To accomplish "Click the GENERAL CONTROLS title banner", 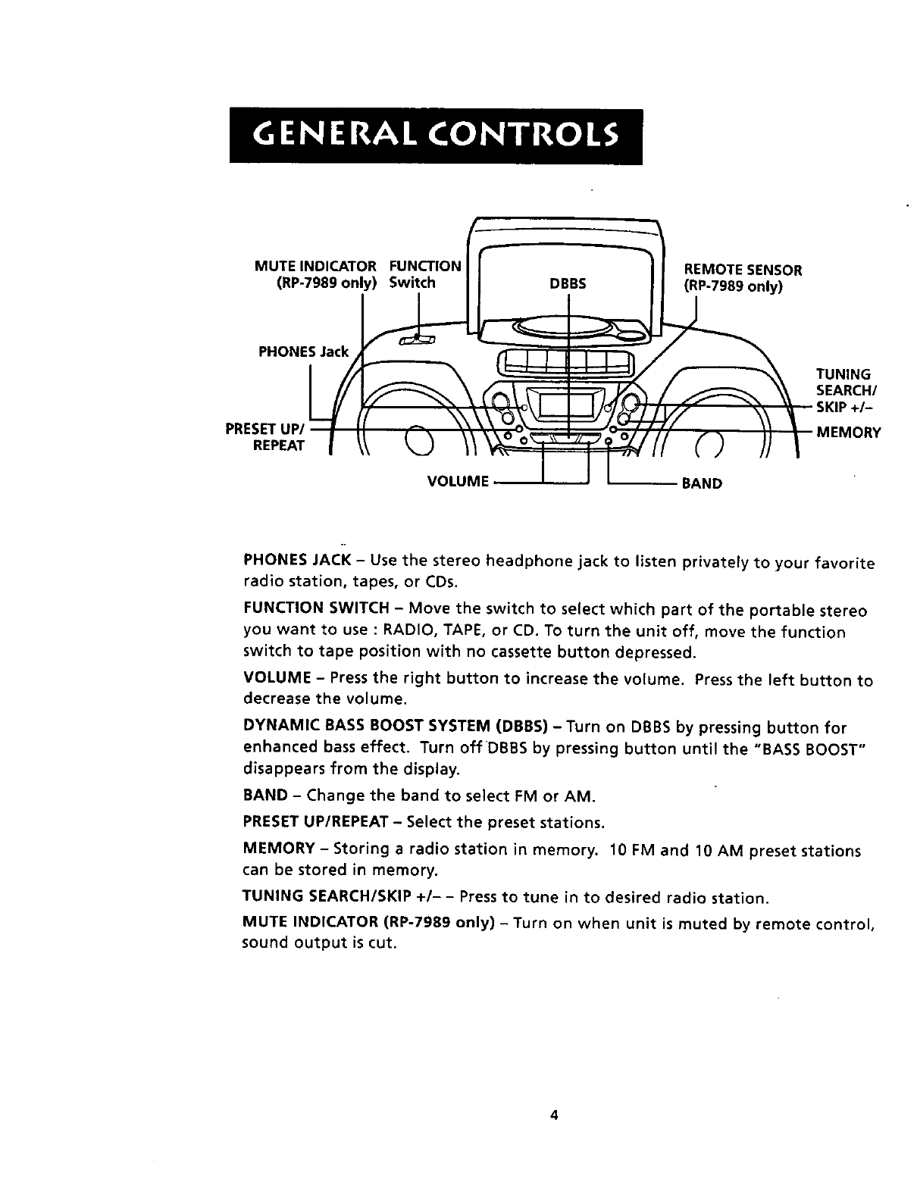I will tap(436, 136).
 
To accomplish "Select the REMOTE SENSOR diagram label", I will tap(742, 278).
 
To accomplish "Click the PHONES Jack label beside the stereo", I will tap(304, 352).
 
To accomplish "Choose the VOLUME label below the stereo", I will tap(456, 482).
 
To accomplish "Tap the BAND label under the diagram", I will tap(702, 483).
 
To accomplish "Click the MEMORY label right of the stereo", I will tap(848, 433).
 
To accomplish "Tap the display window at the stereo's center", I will tap(568, 405).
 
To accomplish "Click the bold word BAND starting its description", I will tap(265, 796).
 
